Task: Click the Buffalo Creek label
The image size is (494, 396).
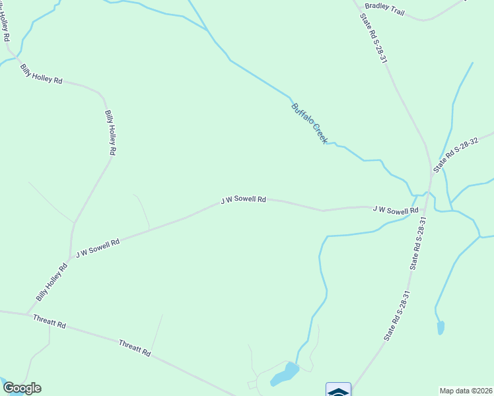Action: click(309, 123)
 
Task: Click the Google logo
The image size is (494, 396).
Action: click(22, 388)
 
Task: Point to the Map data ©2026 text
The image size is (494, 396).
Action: click(466, 390)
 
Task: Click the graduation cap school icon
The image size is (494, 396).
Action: click(338, 390)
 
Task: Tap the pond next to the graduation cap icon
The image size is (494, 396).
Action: click(285, 375)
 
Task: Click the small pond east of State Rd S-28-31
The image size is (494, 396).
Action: click(441, 327)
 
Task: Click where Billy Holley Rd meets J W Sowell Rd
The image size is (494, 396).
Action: click(70, 259)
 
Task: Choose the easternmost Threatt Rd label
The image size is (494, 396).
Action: click(135, 348)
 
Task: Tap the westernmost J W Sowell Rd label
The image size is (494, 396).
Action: click(98, 248)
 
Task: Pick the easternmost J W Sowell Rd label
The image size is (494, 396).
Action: click(396, 210)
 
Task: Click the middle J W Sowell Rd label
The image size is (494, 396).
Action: click(243, 199)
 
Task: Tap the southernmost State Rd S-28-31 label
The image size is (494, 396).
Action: click(398, 316)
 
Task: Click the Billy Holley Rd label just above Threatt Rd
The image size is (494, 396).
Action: click(52, 283)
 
